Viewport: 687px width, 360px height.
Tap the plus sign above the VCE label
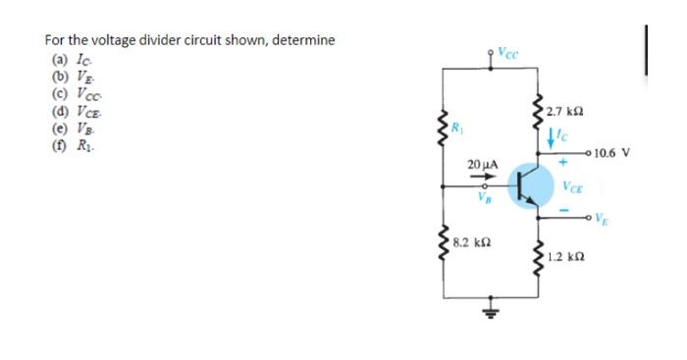tap(564, 167)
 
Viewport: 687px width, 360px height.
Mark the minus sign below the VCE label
tap(564, 209)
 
